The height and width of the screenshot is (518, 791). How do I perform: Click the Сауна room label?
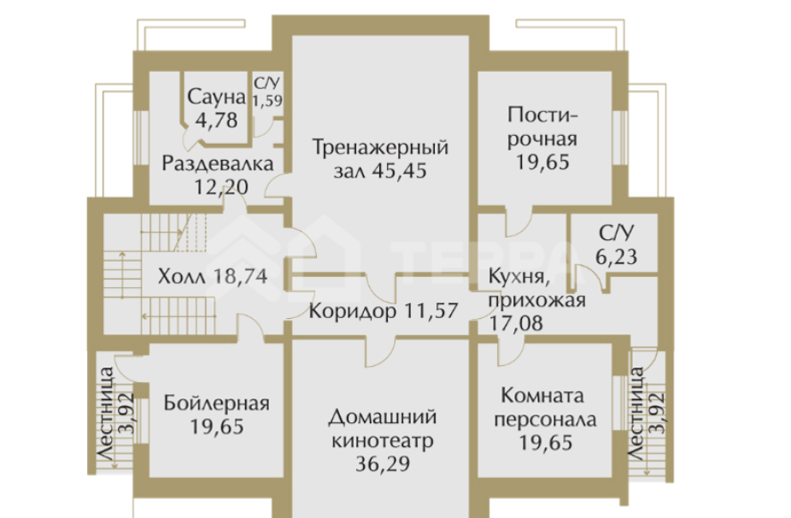coord(217,95)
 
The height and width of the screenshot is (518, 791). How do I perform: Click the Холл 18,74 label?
coord(212,275)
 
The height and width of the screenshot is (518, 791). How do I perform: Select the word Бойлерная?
coord(218,403)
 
